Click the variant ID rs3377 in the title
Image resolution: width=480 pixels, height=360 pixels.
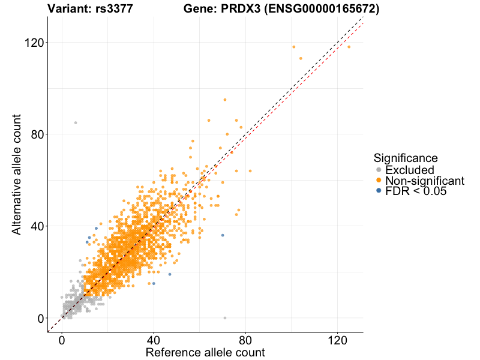point(114,8)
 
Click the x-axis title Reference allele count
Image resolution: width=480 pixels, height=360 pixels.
point(205,352)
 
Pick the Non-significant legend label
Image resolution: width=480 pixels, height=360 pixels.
point(424,181)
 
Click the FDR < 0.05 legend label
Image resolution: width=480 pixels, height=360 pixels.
point(416,191)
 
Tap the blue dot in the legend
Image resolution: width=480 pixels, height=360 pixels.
point(378,191)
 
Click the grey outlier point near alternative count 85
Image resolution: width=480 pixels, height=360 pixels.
point(76,122)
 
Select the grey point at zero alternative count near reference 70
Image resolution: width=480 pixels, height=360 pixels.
point(225,318)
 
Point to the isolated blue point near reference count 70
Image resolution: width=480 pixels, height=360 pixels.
point(223,235)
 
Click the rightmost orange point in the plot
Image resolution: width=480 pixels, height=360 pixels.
point(349,47)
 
